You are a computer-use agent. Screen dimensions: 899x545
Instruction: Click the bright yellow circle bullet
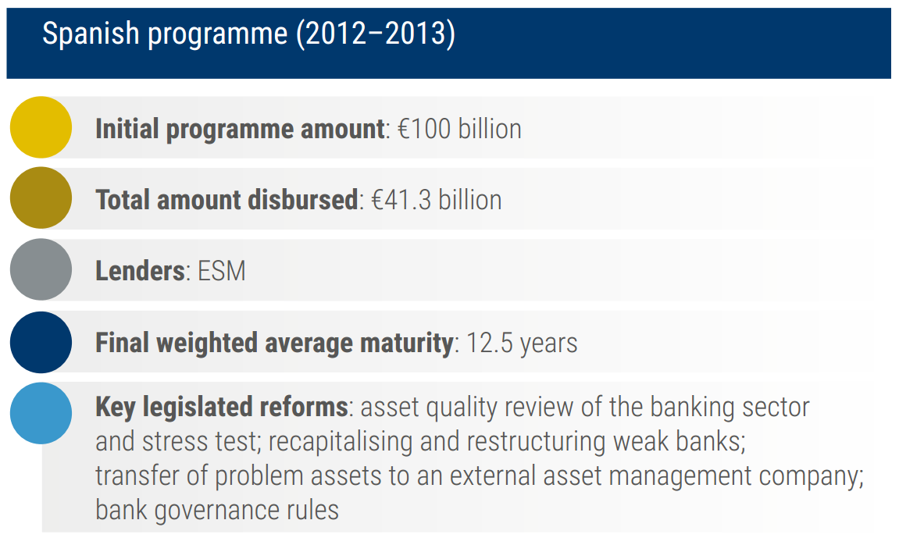tap(41, 127)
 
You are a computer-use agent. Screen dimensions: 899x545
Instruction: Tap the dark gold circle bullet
tap(41, 198)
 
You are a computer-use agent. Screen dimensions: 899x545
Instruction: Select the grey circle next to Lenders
tap(41, 269)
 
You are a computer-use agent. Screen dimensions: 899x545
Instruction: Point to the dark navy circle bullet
tap(41, 342)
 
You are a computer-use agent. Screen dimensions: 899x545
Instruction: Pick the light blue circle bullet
tap(41, 413)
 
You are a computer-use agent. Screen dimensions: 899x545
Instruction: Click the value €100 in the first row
tap(424, 129)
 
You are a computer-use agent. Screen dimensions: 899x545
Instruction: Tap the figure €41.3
tap(401, 200)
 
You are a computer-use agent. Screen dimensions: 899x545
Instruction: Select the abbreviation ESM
tap(222, 271)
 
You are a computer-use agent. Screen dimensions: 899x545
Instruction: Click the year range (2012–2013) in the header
tap(376, 34)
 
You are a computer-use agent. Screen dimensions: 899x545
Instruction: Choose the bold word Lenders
tap(140, 271)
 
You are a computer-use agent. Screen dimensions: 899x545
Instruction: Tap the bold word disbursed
tap(303, 200)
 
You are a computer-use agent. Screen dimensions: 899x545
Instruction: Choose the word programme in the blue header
tap(218, 34)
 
